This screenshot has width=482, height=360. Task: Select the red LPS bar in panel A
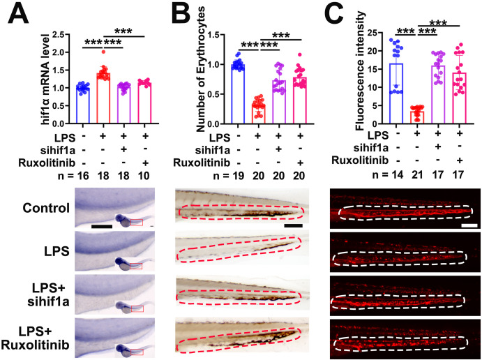103,98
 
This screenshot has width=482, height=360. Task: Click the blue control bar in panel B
238,94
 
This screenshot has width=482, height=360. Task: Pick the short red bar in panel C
417,117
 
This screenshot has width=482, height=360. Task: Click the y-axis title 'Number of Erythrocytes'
199,69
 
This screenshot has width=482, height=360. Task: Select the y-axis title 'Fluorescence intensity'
360,70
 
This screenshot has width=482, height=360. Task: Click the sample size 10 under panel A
144,176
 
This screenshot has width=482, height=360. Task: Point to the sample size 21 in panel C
417,174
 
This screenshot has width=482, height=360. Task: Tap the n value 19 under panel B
238,176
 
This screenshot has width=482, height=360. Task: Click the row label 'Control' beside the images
46,208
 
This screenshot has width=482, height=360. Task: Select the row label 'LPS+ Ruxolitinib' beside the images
35,338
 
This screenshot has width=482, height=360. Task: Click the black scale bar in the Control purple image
102,227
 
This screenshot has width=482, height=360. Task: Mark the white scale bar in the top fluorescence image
469,225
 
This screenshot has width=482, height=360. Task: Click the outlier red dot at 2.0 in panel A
103,52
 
